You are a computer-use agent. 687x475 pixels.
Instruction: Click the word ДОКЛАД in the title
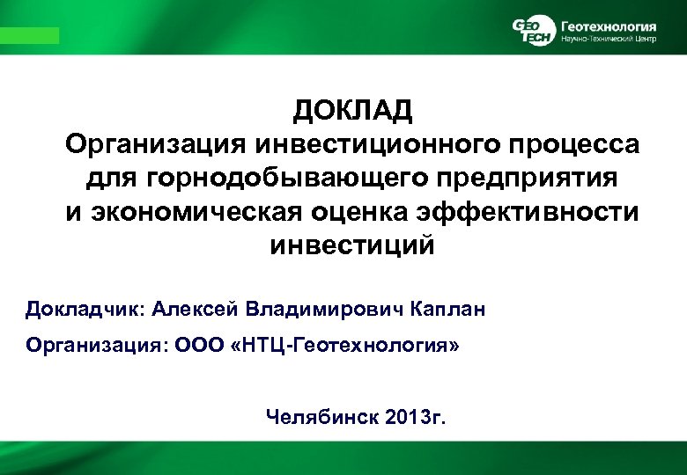pyautogui.click(x=352, y=112)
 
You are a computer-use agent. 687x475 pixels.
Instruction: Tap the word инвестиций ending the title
pyautogui.click(x=351, y=245)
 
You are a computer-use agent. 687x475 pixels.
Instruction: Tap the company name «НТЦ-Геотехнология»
pyautogui.click(x=346, y=347)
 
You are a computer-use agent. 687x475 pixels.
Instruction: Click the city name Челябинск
pyautogui.click(x=322, y=416)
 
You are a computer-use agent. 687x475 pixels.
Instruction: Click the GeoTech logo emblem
pyautogui.click(x=534, y=30)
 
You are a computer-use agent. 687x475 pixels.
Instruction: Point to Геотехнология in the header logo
pyautogui.click(x=608, y=24)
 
